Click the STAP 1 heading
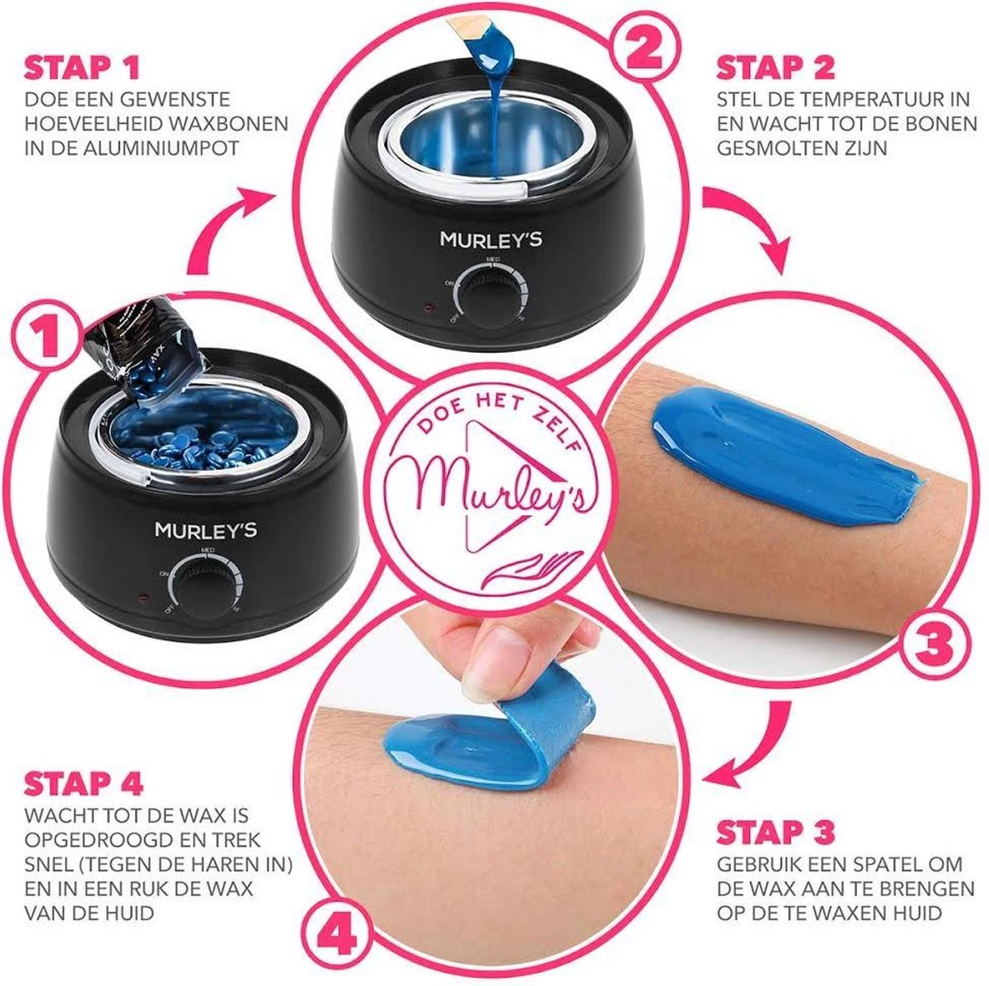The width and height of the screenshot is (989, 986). pyautogui.click(x=82, y=68)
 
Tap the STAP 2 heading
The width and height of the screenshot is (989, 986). pyautogui.click(x=775, y=68)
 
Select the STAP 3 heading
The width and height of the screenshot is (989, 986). pyautogui.click(x=775, y=833)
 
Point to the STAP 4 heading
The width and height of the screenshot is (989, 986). pyautogui.click(x=84, y=783)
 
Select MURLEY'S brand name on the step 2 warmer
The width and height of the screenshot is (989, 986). pyautogui.click(x=490, y=240)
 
